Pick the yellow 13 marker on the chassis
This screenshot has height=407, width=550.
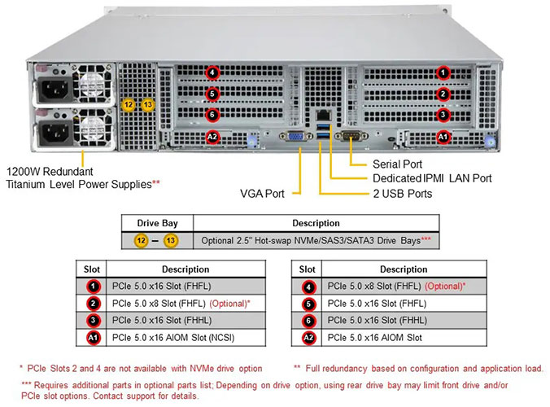click(x=148, y=104)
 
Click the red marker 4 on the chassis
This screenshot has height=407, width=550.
click(x=213, y=72)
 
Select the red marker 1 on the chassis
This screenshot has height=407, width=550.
click(x=443, y=72)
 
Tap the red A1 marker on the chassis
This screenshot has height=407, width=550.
click(x=443, y=137)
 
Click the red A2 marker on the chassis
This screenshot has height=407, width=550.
click(x=213, y=137)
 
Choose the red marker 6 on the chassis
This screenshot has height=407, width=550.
click(x=213, y=115)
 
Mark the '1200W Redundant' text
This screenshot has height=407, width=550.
click(x=50, y=172)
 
